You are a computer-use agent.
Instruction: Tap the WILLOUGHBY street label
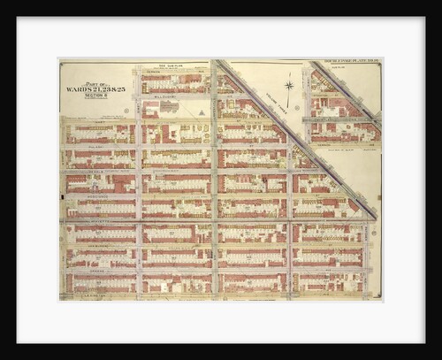coord(168,97)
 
